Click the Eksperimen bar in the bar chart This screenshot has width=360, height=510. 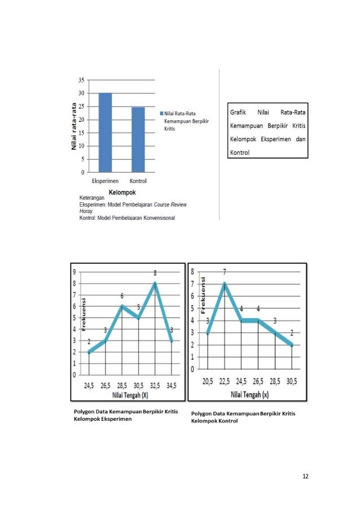tap(105, 133)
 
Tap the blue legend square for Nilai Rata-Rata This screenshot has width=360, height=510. tap(161, 113)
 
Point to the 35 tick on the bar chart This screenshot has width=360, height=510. tap(81, 80)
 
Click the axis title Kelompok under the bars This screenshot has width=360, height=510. tap(121, 192)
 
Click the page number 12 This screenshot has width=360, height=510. tap(305, 476)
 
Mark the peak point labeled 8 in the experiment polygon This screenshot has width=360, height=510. tap(155, 284)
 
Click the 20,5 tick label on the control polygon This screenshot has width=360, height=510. tap(208, 381)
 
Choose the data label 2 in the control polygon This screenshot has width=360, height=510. tap(292, 333)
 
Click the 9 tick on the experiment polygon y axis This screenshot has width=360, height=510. tap(73, 272)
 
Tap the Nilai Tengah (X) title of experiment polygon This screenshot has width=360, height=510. tap(130, 394)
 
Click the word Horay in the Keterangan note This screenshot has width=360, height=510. tap(86, 210)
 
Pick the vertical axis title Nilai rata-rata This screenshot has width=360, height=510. tap(73, 127)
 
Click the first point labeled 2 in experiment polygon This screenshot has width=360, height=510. tap(89, 352)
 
